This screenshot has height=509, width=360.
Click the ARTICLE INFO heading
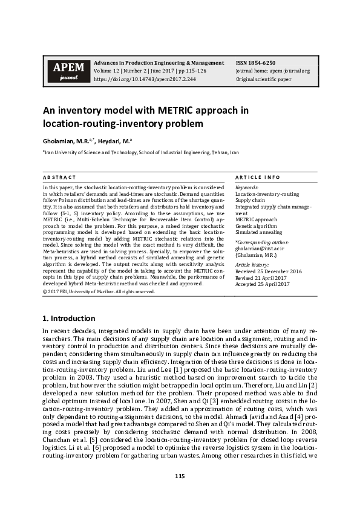click(x=258, y=177)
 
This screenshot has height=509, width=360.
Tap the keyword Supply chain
click(x=250, y=200)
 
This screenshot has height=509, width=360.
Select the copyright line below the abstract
click(x=98, y=291)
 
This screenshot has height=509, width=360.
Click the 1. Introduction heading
click(x=68, y=318)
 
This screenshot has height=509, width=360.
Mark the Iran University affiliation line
click(x=140, y=154)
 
